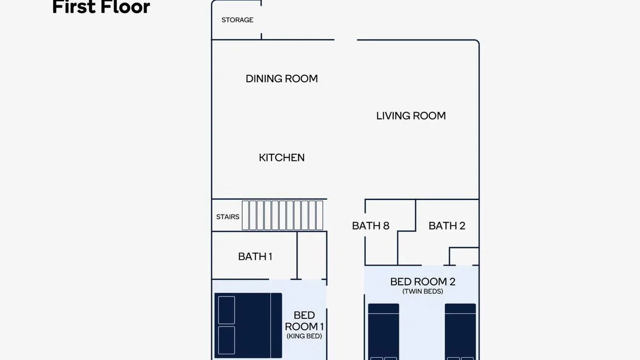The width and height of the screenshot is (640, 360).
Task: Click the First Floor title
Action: click(x=101, y=6)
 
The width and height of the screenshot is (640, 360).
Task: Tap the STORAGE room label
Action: click(x=237, y=20)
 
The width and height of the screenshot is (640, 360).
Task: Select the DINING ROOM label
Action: click(x=282, y=78)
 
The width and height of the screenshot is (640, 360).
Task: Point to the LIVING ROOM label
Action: click(x=411, y=116)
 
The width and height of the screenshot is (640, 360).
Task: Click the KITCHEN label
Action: click(x=282, y=157)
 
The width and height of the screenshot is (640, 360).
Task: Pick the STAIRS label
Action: click(x=228, y=217)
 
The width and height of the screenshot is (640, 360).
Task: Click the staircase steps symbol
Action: click(x=283, y=215)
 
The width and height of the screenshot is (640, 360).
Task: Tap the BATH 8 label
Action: click(x=371, y=226)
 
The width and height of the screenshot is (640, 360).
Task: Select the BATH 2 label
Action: click(x=447, y=226)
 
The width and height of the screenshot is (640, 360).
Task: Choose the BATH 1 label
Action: click(x=255, y=257)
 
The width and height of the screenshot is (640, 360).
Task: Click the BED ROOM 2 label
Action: click(x=423, y=282)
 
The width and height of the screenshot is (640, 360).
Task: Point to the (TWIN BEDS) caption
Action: click(x=423, y=291)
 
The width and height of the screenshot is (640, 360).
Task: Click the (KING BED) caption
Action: click(x=305, y=336)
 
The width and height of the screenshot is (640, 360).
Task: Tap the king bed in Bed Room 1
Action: click(x=249, y=325)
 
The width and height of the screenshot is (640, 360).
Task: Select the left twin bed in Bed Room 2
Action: click(x=383, y=332)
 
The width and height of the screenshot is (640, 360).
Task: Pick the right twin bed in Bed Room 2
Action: click(x=460, y=332)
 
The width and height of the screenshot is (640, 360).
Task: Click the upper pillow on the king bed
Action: click(x=227, y=310)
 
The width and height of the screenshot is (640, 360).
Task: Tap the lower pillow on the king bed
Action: click(x=227, y=340)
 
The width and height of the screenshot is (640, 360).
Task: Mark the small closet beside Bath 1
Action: click(x=312, y=255)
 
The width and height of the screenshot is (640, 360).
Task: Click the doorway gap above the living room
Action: click(x=346, y=39)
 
